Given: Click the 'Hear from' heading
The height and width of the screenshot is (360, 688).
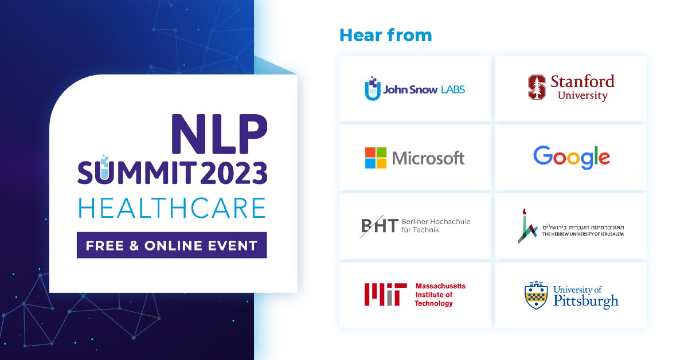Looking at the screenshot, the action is pos(385,35).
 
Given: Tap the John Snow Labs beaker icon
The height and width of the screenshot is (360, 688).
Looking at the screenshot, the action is pos(373,88).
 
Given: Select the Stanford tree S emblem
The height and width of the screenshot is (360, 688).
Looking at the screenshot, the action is pos(537,87).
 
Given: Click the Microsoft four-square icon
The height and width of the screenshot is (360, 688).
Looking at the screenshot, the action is pos(376,158).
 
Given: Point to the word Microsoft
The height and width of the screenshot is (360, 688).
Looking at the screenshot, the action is pos(428,158).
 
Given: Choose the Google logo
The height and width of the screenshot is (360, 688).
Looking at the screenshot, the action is pos(572,158).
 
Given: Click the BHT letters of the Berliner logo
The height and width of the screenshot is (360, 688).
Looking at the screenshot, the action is pos(380,226).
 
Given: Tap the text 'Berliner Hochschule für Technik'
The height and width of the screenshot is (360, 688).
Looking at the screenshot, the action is pos(436,226).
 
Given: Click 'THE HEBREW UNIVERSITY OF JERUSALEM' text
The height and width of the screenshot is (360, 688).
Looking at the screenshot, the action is pos(583,234).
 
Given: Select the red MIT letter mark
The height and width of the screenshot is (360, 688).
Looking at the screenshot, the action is pos(385,295).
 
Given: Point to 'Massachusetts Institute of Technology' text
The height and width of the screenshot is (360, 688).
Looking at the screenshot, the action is pos(440,295).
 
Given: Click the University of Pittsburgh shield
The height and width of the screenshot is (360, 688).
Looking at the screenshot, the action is pos(536,295).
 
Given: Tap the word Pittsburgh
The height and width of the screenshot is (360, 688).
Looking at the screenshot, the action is pos(586,301).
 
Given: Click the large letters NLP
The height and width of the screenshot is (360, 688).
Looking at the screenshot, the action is pos(219,134).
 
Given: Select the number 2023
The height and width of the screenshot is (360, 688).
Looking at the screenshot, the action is pos(234,173).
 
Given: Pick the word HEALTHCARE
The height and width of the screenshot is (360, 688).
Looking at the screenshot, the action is pos(172,208).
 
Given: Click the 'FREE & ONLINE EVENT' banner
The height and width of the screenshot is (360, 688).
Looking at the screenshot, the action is pos(171,245).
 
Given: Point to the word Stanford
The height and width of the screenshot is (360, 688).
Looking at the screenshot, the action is pos(583,82).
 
